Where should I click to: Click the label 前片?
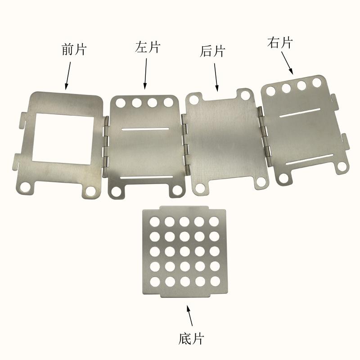click(x=74, y=49)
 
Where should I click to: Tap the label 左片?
click(x=148, y=47)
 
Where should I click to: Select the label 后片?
click(x=212, y=51)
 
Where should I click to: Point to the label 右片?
click(x=280, y=42)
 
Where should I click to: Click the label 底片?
click(x=191, y=339)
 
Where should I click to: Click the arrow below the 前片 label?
click(x=68, y=76)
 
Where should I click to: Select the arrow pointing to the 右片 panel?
click(x=287, y=63)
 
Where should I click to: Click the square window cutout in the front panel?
click(x=63, y=139)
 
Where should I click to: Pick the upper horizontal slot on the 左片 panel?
click(x=145, y=129)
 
